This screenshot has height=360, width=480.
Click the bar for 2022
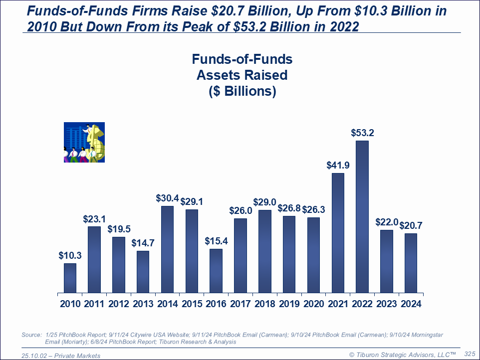[x=362, y=217]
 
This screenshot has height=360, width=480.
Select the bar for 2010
[x=70, y=278]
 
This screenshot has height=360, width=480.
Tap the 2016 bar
[x=216, y=271]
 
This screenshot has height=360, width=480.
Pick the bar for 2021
[x=338, y=233]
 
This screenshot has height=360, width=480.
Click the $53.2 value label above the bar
[x=362, y=133]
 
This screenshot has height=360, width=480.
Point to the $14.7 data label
[x=143, y=243]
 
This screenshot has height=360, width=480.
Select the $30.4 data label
[x=167, y=198]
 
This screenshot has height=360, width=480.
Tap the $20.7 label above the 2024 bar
[x=411, y=226]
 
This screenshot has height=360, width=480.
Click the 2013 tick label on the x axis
[x=143, y=304]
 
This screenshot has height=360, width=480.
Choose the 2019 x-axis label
[x=289, y=304]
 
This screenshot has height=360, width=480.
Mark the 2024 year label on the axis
[x=411, y=304]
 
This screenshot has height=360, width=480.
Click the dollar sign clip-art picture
[x=84, y=143]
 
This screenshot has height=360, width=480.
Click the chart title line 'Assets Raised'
[x=242, y=75]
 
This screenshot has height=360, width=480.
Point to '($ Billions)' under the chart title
[x=242, y=92]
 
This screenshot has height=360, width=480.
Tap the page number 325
[x=470, y=353]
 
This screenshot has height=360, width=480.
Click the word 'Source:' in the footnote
[x=31, y=335]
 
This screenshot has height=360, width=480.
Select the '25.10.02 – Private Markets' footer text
[x=61, y=356]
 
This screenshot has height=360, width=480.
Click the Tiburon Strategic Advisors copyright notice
[x=402, y=354]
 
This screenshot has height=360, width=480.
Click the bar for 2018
[x=265, y=251]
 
